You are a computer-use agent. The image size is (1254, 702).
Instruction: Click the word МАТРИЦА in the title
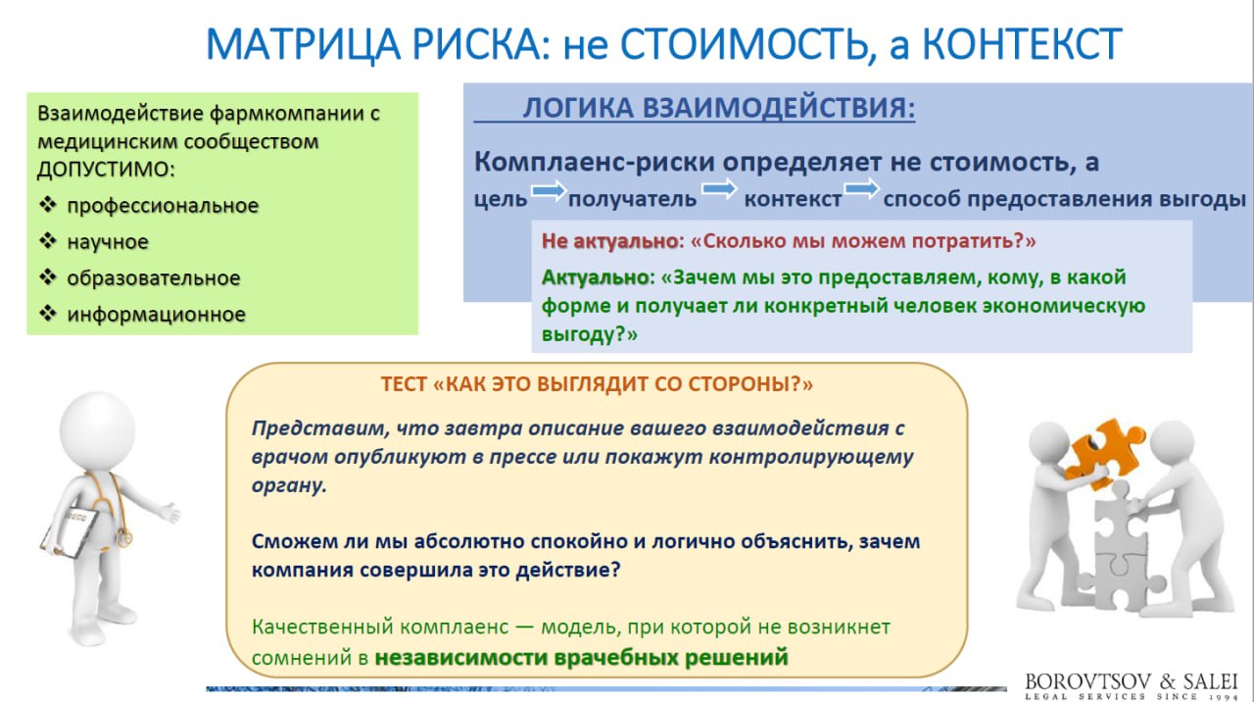click(304, 45)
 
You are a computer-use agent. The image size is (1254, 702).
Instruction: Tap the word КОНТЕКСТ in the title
click(1022, 44)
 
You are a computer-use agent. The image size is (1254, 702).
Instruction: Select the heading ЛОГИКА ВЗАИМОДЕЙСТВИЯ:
click(719, 108)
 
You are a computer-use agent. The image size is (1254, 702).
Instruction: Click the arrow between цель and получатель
click(549, 191)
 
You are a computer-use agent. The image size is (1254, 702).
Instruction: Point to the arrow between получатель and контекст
click(719, 189)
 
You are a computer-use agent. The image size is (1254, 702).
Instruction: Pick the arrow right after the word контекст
click(861, 188)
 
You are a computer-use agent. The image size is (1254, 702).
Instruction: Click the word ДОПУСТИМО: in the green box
click(107, 169)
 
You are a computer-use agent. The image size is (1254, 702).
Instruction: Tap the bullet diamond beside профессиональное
click(48, 205)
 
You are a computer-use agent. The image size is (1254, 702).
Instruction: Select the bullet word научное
click(108, 242)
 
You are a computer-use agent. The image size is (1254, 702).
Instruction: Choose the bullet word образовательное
click(154, 277)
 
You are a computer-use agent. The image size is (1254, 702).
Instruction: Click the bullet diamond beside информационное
click(48, 313)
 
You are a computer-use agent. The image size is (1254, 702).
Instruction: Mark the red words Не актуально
click(610, 241)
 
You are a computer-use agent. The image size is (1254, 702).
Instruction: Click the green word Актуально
click(595, 277)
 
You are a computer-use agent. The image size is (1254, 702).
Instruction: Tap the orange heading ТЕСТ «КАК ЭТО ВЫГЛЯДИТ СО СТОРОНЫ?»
click(597, 384)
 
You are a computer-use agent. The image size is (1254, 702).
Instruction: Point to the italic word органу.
click(289, 485)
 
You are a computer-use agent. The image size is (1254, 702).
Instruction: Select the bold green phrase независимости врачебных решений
click(581, 657)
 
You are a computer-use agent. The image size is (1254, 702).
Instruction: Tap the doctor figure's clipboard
click(70, 532)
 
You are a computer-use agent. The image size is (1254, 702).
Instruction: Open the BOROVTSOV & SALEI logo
click(1131, 685)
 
